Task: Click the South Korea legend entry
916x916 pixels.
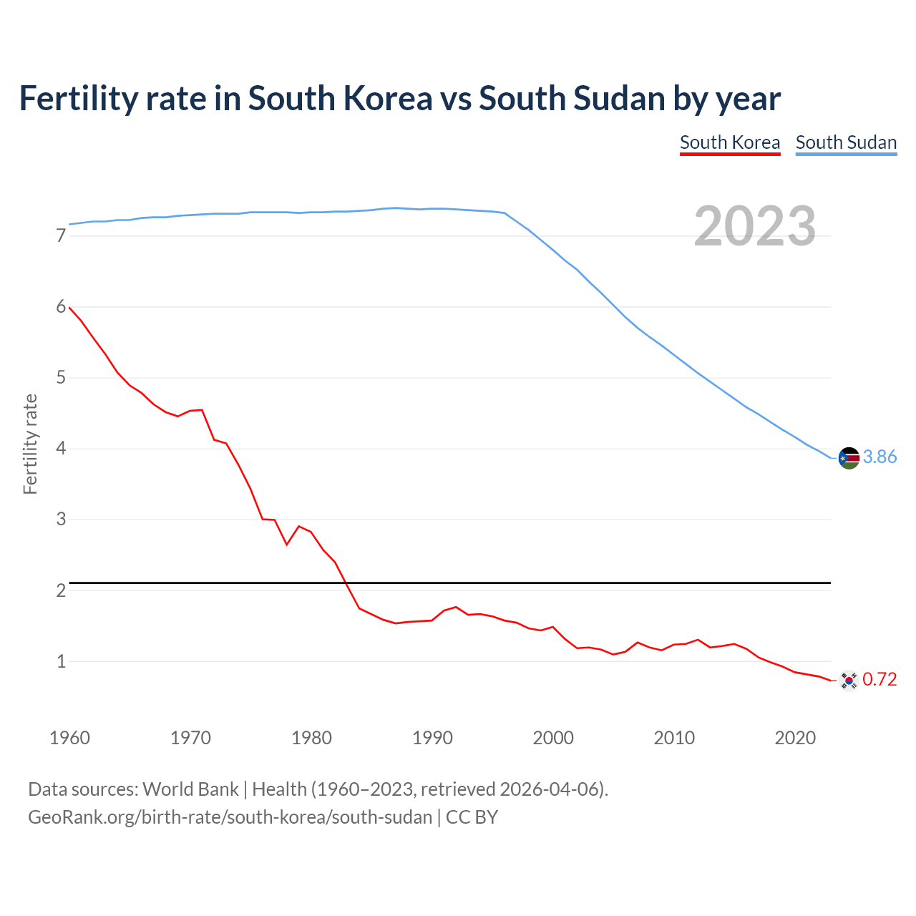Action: [x=729, y=142]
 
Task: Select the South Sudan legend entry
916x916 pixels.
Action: [x=846, y=142]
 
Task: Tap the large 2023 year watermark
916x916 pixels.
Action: [x=755, y=226]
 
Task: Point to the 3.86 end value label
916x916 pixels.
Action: [x=880, y=457]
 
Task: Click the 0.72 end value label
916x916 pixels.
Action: [x=880, y=680]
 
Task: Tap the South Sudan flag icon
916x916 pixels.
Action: [x=849, y=458]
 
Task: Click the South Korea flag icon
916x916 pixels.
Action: [x=849, y=681]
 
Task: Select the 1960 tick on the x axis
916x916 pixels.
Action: [x=69, y=738]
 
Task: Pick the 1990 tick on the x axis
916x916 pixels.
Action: [x=432, y=738]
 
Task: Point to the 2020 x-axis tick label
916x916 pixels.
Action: [x=795, y=738]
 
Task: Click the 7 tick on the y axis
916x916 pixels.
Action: [x=61, y=236]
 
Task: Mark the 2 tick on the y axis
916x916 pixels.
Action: [x=61, y=590]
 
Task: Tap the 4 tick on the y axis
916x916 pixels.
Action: [x=61, y=449]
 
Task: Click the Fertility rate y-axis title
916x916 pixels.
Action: [x=30, y=444]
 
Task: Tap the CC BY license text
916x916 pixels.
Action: [x=472, y=817]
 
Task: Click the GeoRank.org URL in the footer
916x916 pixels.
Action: [x=230, y=817]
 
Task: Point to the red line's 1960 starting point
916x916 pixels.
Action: [x=69, y=307]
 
